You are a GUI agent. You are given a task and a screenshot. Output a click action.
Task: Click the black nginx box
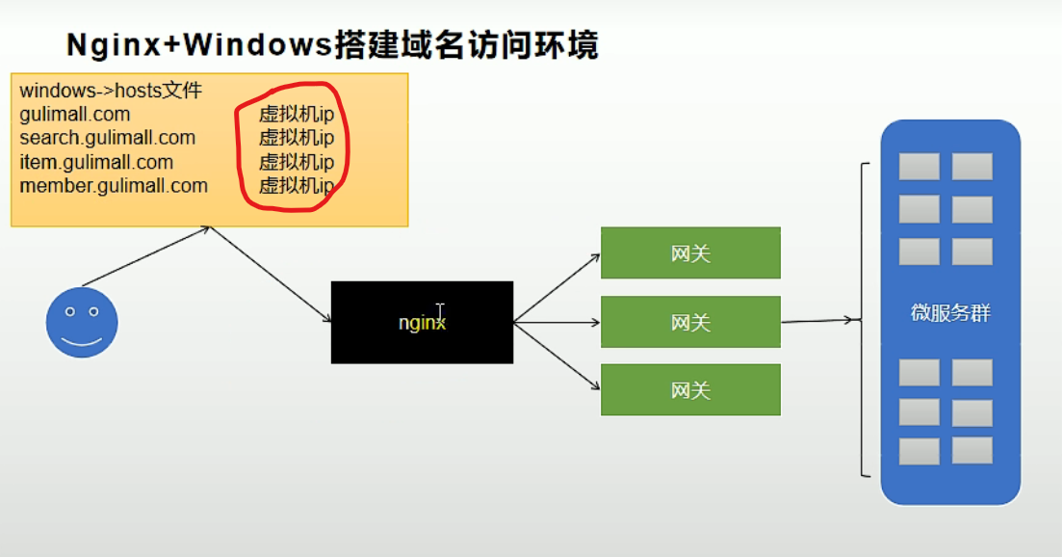tap(422, 322)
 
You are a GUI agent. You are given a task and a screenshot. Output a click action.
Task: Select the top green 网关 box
tap(690, 252)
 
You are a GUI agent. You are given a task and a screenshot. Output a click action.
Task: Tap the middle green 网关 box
tap(690, 322)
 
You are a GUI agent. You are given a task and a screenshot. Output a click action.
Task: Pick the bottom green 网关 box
tap(690, 390)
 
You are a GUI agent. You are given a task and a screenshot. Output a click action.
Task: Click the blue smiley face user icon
tap(82, 322)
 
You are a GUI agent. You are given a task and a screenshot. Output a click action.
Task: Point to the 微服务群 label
tap(950, 313)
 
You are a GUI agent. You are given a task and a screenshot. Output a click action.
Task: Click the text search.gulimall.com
tap(107, 138)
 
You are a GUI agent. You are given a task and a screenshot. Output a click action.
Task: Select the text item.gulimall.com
tap(96, 162)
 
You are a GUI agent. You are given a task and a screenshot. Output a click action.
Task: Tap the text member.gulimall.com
tap(114, 185)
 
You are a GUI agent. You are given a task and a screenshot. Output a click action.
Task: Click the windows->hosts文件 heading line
tap(111, 92)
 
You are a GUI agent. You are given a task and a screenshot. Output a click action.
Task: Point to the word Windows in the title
tap(258, 45)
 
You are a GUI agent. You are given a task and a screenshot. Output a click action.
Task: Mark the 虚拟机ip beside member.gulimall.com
tap(296, 186)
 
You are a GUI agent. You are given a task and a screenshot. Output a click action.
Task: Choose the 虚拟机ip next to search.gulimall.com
tap(296, 138)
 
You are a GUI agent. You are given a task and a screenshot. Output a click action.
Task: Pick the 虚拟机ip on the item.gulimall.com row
tap(296, 162)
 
